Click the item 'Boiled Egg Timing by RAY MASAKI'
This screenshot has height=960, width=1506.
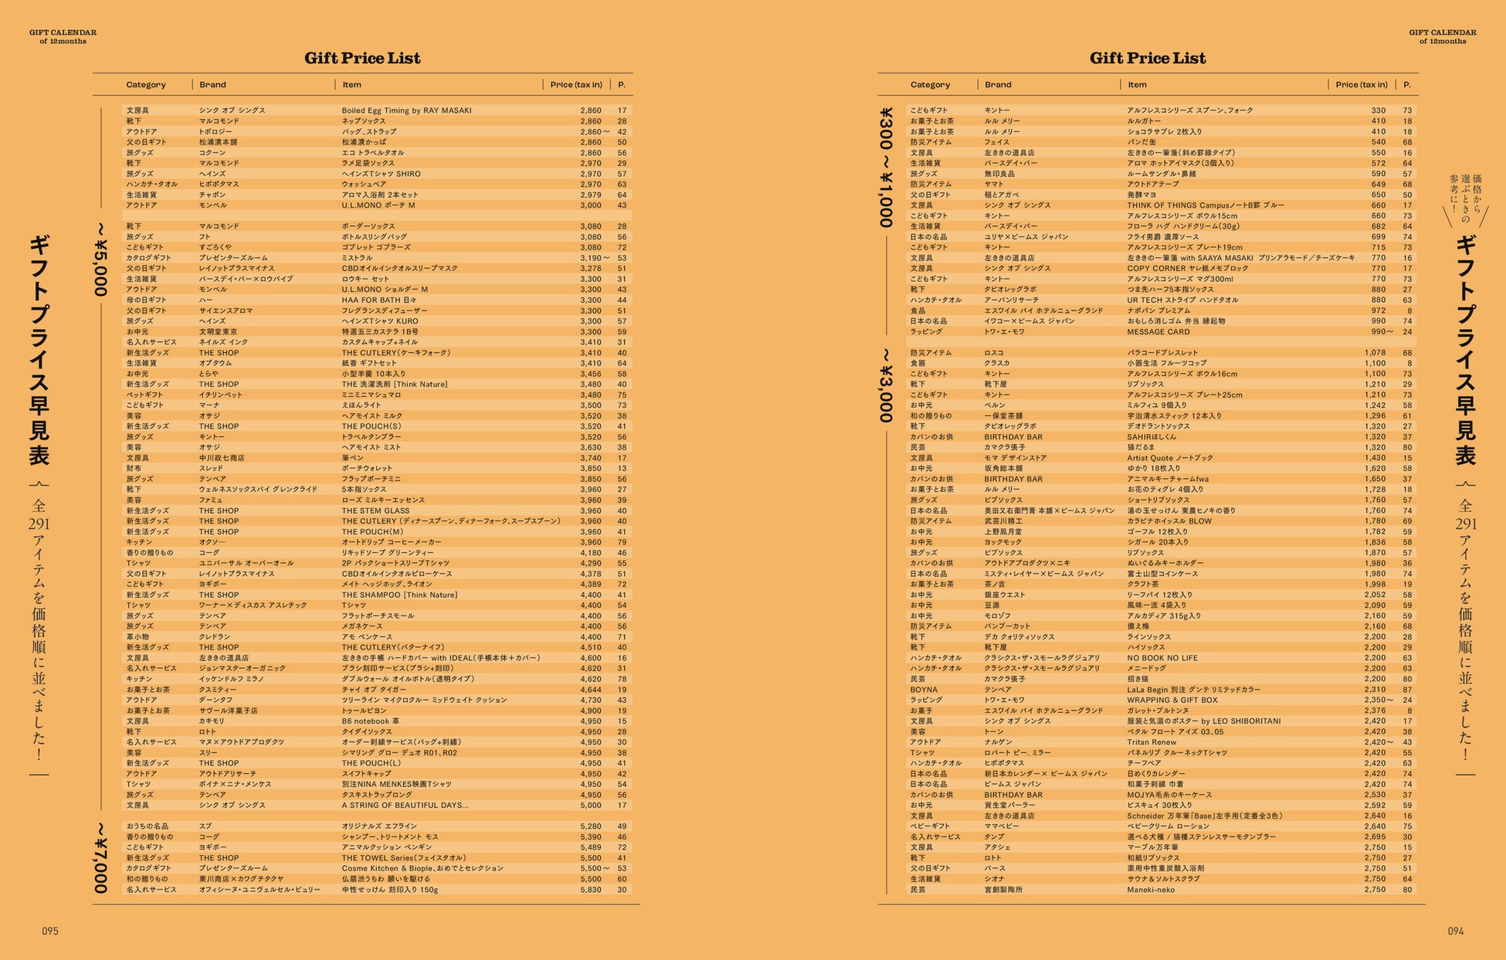click(x=406, y=110)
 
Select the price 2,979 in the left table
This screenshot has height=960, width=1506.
click(x=590, y=195)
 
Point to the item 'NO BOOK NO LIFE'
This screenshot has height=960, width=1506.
click(x=1162, y=658)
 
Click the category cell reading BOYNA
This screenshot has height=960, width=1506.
click(x=923, y=690)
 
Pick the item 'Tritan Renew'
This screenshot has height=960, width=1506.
click(x=1152, y=742)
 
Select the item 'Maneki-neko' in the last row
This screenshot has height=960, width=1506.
click(x=1150, y=890)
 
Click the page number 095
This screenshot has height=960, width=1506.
click(x=50, y=931)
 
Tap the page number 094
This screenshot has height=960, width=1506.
click(x=1455, y=931)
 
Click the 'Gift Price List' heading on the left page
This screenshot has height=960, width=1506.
click(x=362, y=58)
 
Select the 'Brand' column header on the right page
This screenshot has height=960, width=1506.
click(x=997, y=85)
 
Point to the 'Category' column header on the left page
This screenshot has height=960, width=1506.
click(x=146, y=85)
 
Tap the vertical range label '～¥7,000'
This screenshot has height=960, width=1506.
click(x=100, y=857)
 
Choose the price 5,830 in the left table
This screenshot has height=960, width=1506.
click(x=590, y=890)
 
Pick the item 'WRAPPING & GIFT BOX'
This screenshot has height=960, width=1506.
click(x=1172, y=700)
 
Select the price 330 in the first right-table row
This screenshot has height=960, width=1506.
click(x=1378, y=110)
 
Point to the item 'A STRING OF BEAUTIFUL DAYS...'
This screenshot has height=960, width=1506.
click(x=405, y=806)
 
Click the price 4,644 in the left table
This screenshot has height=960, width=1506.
click(x=590, y=690)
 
